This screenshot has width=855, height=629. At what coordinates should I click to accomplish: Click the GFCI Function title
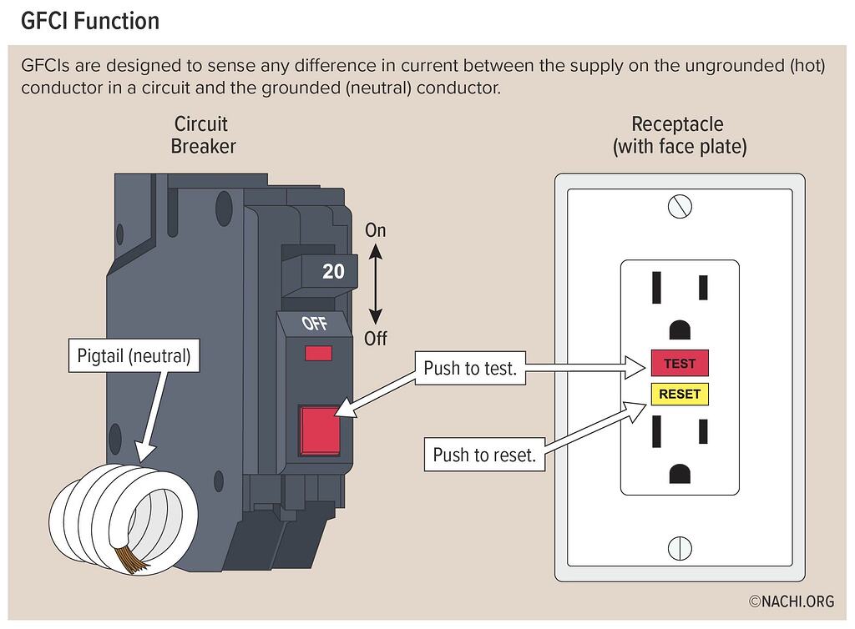coord(89,20)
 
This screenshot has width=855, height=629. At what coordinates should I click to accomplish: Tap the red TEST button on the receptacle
coord(680,364)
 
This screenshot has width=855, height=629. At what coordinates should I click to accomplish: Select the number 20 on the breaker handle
coord(333,272)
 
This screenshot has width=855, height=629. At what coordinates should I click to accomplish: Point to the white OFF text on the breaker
coord(314,324)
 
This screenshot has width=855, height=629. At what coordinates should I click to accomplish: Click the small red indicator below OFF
coord(317,354)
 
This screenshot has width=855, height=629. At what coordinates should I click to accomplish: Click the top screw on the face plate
coord(680,205)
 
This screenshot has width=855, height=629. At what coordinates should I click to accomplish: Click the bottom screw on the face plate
coord(680,548)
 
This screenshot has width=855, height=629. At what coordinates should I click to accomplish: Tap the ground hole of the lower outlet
coord(680,473)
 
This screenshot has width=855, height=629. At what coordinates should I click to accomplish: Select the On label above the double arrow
coord(376,230)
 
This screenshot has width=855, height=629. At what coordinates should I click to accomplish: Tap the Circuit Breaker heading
coord(202,135)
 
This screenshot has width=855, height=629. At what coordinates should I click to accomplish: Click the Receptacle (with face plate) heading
coord(679,136)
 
